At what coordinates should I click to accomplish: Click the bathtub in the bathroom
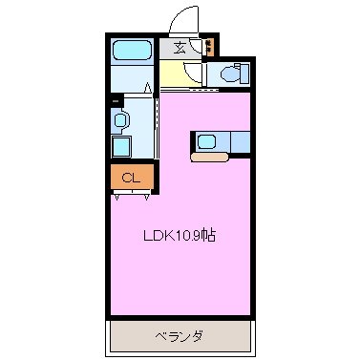click(x=131, y=52)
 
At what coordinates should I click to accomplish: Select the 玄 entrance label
click(x=179, y=46)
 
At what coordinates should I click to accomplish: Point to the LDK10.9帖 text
click(x=179, y=235)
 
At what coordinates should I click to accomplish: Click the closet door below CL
click(x=132, y=193)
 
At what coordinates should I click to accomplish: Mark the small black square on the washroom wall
click(x=115, y=98)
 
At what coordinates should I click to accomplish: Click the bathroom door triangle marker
click(x=148, y=89)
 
